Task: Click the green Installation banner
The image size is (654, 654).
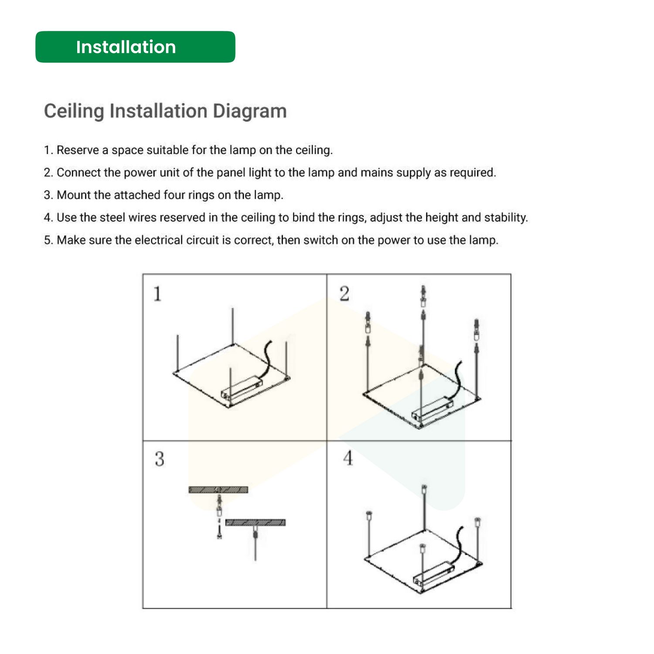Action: pos(135,47)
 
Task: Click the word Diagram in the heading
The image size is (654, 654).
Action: pos(250,111)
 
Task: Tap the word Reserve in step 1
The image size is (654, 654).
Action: pos(78,150)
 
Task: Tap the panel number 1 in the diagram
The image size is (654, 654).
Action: pos(157,294)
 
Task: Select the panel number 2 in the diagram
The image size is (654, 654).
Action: pos(344,294)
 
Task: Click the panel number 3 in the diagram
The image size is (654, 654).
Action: pos(160,459)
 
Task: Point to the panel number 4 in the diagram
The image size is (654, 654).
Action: pos(348,458)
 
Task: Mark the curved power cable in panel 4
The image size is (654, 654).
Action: pos(458,545)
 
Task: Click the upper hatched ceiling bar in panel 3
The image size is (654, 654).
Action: pos(218,490)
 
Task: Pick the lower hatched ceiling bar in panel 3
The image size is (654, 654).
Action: pos(255,522)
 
